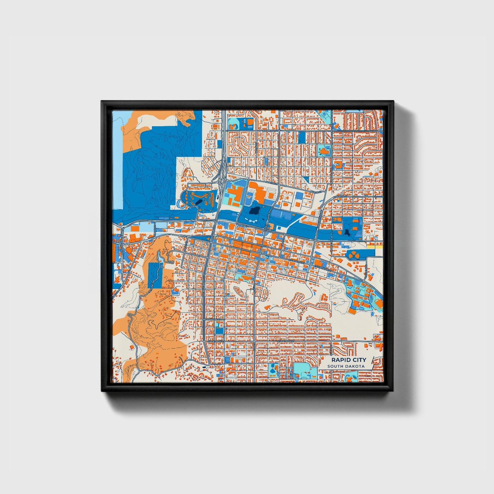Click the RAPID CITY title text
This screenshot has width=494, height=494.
coord(348,360)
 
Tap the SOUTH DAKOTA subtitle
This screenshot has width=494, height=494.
coord(346,366)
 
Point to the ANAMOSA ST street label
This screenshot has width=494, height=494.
coord(271,131)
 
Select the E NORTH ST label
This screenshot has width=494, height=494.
coord(341,197)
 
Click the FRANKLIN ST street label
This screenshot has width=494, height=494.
coord(212,319)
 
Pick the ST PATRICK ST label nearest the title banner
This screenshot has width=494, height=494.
coord(286,341)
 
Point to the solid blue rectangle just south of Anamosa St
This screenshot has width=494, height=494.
coord(302,137)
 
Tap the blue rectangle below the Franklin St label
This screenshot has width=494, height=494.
coord(219,331)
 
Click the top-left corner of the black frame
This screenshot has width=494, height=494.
coord(102,102)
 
